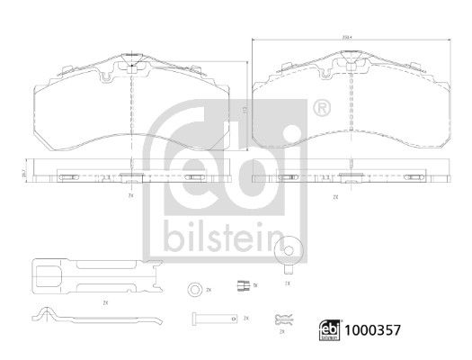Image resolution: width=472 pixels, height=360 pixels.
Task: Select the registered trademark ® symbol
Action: [320, 109]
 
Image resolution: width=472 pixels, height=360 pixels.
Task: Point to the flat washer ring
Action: [193, 290]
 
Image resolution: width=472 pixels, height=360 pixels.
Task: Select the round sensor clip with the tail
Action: [288, 254]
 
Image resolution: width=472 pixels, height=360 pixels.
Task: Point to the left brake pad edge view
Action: [133, 175]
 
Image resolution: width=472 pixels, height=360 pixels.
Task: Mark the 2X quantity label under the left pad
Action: [132, 194]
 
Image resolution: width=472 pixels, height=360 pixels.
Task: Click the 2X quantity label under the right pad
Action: [335, 194]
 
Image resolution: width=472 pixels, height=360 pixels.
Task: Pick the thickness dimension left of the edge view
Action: [24, 175]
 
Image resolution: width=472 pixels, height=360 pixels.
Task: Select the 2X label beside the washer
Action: [209, 290]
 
